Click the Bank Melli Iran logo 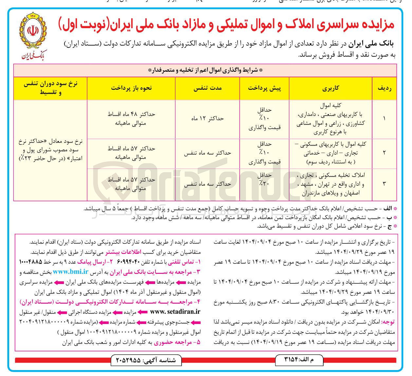pyautogui.click(x=34, y=36)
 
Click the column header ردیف pyautogui.click(x=384, y=88)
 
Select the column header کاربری pyautogui.click(x=331, y=88)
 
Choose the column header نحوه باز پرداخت pyautogui.click(x=131, y=88)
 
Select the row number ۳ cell pyautogui.click(x=384, y=184)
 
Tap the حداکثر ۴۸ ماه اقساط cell pyautogui.click(x=131, y=118)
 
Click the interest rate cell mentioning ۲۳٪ pyautogui.click(x=50, y=150)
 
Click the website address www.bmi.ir pyautogui.click(x=71, y=272)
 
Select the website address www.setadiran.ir pyautogui.click(x=175, y=312)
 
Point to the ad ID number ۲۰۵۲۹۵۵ pyautogui.click(x=128, y=360)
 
